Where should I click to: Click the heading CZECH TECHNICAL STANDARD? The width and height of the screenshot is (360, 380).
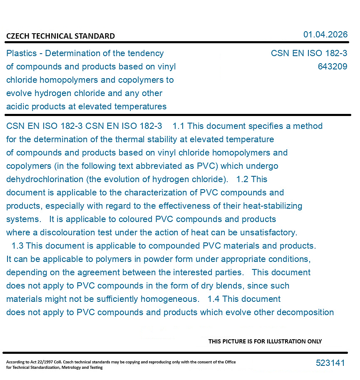point(60,36)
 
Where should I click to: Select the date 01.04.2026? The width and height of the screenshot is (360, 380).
point(325,35)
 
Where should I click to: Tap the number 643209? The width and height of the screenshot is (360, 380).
point(332,67)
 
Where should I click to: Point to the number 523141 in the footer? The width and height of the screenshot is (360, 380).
point(330,363)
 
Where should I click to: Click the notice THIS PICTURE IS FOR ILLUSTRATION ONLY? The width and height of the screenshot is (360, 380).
point(265,341)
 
